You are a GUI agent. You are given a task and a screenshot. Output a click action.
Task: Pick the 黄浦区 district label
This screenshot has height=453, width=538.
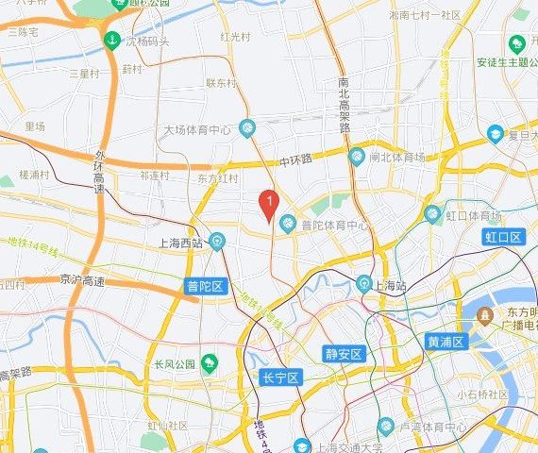pos(446,342)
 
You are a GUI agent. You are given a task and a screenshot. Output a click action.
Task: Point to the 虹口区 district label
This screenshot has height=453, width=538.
pos(502,237)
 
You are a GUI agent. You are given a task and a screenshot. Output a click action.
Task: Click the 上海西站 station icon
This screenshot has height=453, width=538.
pos(217,242)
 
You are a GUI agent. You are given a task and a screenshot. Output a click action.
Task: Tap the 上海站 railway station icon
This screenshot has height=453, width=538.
pos(363,283)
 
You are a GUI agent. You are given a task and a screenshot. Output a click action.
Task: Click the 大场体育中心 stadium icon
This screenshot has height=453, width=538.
pos(247,126)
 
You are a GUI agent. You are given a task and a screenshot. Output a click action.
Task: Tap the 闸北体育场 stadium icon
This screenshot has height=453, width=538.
pos(356,156)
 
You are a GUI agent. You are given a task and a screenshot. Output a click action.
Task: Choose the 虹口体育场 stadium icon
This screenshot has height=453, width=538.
pos(432,214)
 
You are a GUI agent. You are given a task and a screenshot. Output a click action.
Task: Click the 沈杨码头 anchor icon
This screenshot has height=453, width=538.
pos(112,42)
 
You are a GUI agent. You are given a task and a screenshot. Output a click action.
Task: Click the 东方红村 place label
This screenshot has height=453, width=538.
pos(218,177)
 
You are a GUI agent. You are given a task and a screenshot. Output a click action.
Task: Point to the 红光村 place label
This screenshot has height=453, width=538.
pos(235,37)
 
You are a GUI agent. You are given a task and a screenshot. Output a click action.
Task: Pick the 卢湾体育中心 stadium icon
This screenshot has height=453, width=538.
pos(385,427)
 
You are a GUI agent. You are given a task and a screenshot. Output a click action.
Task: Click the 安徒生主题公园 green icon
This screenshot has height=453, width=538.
pos(517,45)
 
